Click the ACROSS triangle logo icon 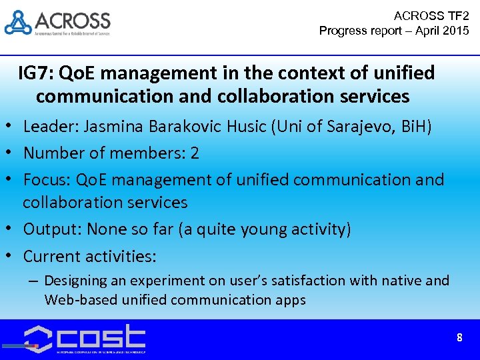coord(18,22)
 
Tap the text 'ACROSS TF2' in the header coord(431,15)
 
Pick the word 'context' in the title coord(298,72)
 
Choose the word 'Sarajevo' coord(361,126)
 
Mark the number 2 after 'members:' coord(195,153)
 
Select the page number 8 coord(459,338)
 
